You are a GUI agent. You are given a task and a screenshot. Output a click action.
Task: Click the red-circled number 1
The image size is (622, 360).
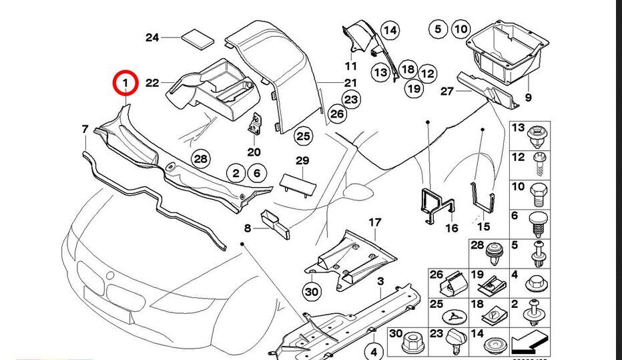click(x=125, y=83)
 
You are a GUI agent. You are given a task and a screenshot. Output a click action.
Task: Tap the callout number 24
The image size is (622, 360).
click(x=152, y=37)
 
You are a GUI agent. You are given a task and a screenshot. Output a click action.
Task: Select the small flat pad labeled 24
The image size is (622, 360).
click(x=200, y=37)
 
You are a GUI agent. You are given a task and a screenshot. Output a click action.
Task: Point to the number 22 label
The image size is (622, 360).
click(x=152, y=83)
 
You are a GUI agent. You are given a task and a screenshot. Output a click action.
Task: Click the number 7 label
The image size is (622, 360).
click(x=85, y=129)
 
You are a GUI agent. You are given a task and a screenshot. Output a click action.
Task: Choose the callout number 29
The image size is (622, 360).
click(x=302, y=161)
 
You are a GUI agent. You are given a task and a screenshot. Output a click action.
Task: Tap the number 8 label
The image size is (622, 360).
click(x=248, y=228)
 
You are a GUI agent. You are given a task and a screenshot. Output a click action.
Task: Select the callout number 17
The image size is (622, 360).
click(x=374, y=222)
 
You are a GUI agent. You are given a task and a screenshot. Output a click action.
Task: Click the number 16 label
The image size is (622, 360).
click(x=452, y=228)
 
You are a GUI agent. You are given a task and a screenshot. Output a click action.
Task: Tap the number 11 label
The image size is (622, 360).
click(x=351, y=65)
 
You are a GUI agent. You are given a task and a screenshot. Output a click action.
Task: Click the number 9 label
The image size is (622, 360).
click(x=528, y=98)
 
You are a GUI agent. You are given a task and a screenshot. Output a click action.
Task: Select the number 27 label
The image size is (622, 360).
click(x=446, y=91)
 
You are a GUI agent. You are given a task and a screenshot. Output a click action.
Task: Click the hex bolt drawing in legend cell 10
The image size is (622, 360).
click(x=537, y=196)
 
